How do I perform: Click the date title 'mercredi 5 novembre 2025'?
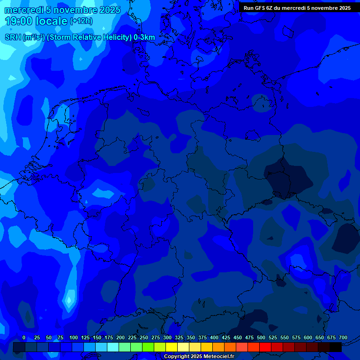coord(62,10)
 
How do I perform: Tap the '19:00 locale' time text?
coord(36,21)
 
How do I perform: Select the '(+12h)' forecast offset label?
coord(81,21)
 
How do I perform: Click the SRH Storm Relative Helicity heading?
coord(80,37)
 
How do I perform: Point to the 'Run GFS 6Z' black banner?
coord(297,8)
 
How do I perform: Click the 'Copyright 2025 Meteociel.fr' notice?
coord(199,356)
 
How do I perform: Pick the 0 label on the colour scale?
coord(24,337)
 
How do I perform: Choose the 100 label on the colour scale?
coord(74,337)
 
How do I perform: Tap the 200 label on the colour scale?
coord(120,337)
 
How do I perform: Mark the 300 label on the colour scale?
coord(167,337)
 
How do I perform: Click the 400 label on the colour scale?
coord(214,337)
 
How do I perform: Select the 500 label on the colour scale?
coord(261,337)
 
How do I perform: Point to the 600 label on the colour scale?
coord(308,337)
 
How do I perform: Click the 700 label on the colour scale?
coord(343,337)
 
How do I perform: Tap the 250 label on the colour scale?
coord(144,337)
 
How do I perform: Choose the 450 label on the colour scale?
coord(238,337)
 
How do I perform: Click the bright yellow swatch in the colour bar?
coord(172,347)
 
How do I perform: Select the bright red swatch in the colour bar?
coord(265,347)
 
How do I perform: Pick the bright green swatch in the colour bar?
coord(148,347)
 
